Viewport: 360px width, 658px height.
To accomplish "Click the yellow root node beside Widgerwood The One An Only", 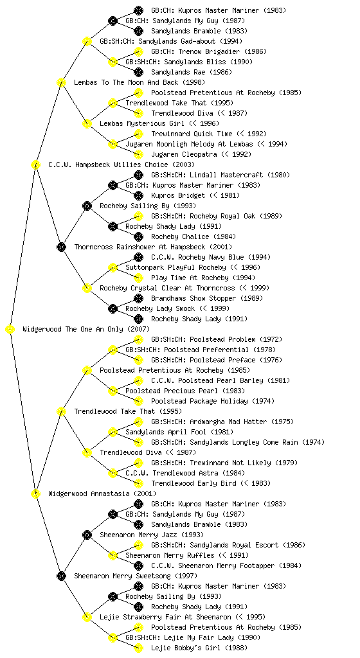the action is (x=10, y=330).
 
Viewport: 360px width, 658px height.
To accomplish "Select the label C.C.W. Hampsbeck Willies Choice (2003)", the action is (x=122, y=165).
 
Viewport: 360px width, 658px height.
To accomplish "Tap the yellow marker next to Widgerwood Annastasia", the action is (x=35, y=494).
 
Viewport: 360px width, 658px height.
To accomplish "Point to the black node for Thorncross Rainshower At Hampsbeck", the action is (x=61, y=247).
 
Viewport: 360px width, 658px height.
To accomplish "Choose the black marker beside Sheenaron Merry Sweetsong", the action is (x=61, y=576).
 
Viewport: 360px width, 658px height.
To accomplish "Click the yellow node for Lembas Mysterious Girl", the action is (x=87, y=124).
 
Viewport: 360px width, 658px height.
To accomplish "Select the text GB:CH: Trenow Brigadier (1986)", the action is (x=208, y=51).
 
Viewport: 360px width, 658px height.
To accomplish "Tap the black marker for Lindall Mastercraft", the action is (x=138, y=175).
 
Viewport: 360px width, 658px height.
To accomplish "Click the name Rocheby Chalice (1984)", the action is (x=194, y=236).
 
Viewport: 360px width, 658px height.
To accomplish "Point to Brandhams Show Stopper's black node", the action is (x=138, y=298).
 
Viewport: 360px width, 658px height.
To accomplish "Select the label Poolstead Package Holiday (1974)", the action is (x=213, y=401).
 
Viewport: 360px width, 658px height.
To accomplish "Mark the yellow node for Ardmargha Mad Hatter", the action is (x=138, y=422).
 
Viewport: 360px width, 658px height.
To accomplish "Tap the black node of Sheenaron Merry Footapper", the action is (x=138, y=565).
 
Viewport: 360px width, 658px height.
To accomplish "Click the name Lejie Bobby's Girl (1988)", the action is (x=199, y=648).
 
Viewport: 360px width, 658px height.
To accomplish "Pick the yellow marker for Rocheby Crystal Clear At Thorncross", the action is (x=87, y=289).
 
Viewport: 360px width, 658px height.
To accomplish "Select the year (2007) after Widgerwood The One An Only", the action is (x=138, y=330).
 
